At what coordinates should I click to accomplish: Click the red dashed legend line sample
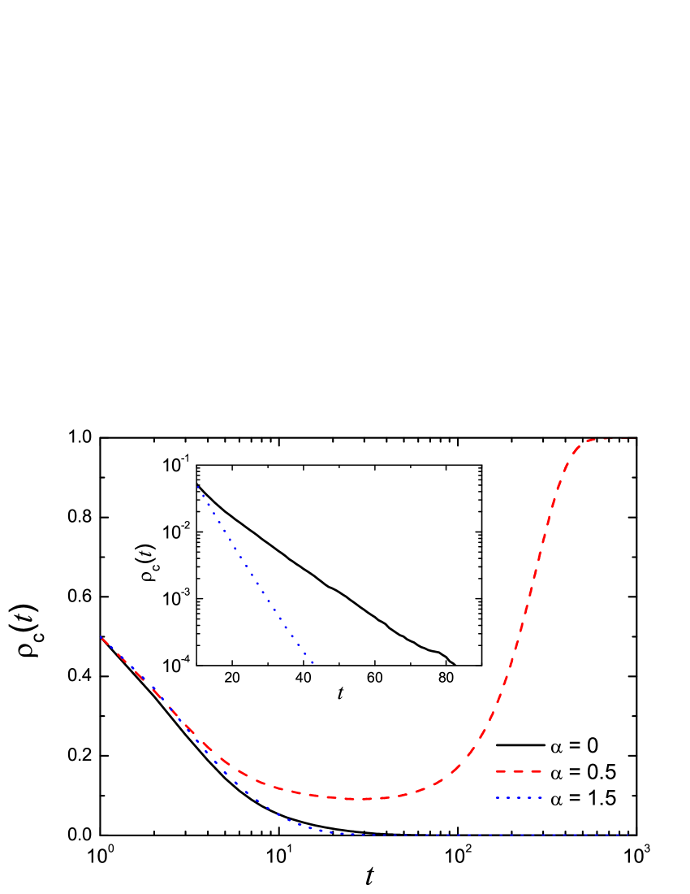[519, 771]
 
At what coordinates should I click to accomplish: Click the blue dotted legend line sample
[519, 798]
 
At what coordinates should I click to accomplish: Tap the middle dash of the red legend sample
[519, 771]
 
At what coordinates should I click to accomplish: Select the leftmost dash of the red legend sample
[501, 771]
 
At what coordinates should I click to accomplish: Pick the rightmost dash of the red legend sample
[536, 771]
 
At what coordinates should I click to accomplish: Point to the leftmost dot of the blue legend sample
[498, 798]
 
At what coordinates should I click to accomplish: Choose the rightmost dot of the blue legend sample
[541, 798]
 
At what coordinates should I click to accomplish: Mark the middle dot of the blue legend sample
[519, 798]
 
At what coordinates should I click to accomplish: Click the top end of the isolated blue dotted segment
[198, 487]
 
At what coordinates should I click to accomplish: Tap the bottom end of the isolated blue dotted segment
[313, 663]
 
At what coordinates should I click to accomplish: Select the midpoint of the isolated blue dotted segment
[255, 575]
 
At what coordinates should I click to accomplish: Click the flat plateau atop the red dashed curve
[609, 439]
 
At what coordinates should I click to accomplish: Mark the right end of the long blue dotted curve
[632, 835]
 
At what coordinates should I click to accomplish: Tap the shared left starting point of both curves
[101, 637]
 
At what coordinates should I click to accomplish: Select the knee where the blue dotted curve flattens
[325, 831]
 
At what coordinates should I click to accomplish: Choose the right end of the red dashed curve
[636, 439]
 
